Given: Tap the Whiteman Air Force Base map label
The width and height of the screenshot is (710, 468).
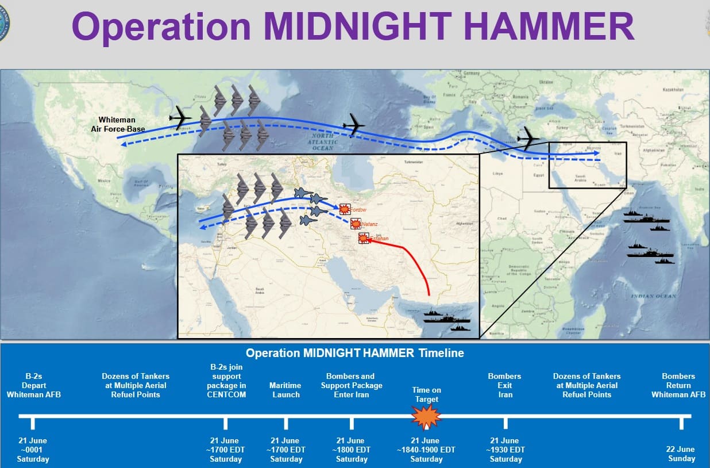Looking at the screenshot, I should coord(118,125).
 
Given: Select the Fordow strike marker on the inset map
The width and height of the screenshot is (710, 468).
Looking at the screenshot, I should coord(345,209).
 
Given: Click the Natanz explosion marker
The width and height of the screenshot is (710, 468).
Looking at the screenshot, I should coord(357,224).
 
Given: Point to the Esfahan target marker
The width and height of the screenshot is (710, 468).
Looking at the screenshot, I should coord(364,238).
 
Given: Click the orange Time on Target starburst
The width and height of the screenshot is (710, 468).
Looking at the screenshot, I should coord(426,417).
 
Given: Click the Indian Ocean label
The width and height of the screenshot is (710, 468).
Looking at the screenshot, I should coord(653,296).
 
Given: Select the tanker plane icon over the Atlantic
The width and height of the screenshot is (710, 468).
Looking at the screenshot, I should coord(354,124).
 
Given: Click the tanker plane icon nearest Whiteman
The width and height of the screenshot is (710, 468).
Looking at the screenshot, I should coord(180,118).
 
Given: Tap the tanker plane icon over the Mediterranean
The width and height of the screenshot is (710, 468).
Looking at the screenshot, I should coord(528,139).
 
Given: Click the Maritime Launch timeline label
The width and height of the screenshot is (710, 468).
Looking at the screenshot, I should coord(285,390).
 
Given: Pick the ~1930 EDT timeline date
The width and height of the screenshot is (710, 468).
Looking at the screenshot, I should coord(506,450).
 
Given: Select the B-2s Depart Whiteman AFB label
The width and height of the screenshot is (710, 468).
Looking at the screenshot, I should coord(33,385).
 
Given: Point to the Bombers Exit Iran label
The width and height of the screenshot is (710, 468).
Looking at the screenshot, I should coord(504,385).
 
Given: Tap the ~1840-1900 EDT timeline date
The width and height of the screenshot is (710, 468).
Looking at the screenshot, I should coord(426,450).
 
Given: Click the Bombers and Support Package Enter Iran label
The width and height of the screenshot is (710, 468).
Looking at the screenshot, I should coord(351,385).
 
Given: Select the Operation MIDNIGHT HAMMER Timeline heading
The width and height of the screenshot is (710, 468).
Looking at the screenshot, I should coord(354,353).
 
